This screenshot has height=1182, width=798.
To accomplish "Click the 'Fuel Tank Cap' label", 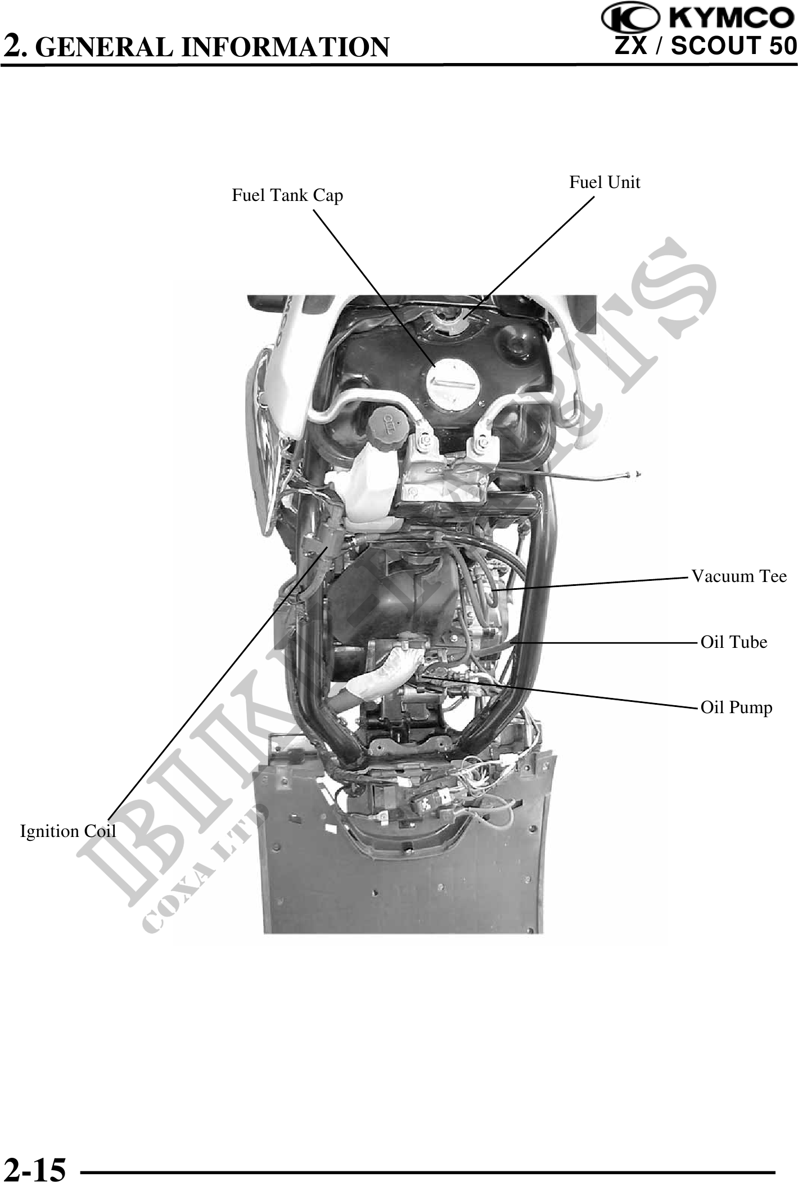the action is pos(287,196).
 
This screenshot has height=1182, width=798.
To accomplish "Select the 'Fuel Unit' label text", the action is pos(605,182).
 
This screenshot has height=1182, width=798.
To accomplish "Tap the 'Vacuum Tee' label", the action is pos(739,576).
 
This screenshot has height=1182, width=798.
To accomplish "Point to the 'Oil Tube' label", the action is pos(733,642).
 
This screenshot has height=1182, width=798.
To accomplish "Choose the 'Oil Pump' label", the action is pos(736,708).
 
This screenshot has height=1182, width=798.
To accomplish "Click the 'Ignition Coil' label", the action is pos(68,831).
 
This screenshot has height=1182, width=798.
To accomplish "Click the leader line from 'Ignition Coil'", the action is pos(217,680).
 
